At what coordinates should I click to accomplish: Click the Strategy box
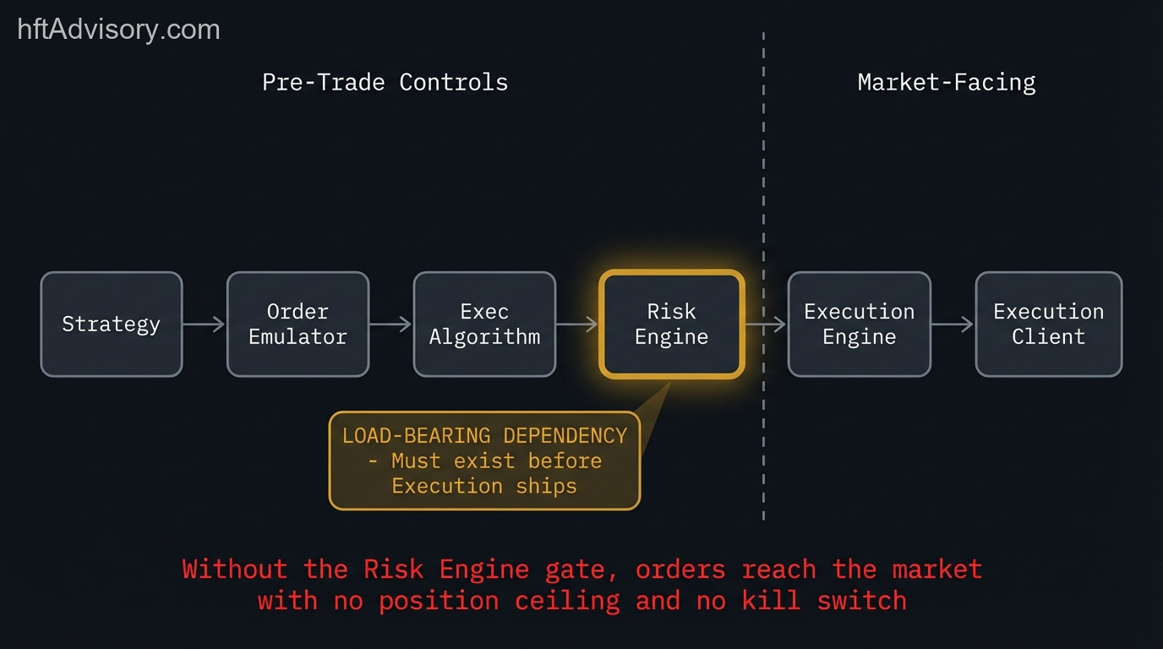(x=111, y=324)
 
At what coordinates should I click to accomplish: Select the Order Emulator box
(x=298, y=324)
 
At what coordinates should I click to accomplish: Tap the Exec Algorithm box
(x=484, y=324)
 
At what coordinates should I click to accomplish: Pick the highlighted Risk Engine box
(x=672, y=324)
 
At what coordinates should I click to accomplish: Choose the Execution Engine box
(x=859, y=324)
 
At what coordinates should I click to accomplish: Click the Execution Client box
(x=1048, y=324)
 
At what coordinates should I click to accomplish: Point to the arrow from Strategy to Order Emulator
(x=205, y=324)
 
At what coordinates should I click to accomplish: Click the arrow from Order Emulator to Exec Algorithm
(x=391, y=324)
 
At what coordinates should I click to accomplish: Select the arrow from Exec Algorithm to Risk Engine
(x=578, y=324)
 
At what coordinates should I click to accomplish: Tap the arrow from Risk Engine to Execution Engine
(x=766, y=324)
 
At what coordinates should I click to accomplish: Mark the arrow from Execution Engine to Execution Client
(x=953, y=324)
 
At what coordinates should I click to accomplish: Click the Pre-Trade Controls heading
(x=385, y=83)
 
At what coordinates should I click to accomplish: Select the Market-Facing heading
(x=947, y=83)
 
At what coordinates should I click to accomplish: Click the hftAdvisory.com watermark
(x=118, y=30)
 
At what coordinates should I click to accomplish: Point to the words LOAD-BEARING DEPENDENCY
(x=484, y=436)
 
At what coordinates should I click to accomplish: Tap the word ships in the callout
(x=547, y=487)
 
